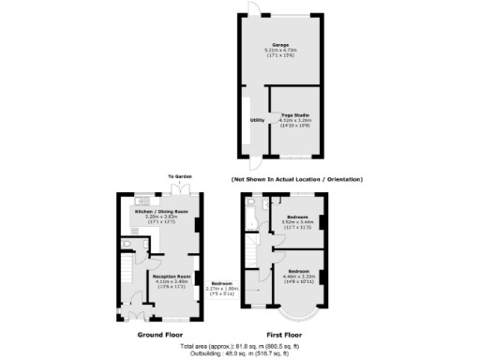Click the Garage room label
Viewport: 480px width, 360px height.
(x=280, y=44)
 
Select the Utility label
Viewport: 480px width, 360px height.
(x=256, y=120)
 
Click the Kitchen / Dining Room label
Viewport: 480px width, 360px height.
(x=162, y=211)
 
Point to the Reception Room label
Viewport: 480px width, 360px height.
(x=172, y=277)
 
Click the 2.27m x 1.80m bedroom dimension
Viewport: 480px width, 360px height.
(x=222, y=289)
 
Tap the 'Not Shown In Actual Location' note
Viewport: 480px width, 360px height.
(x=296, y=179)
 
